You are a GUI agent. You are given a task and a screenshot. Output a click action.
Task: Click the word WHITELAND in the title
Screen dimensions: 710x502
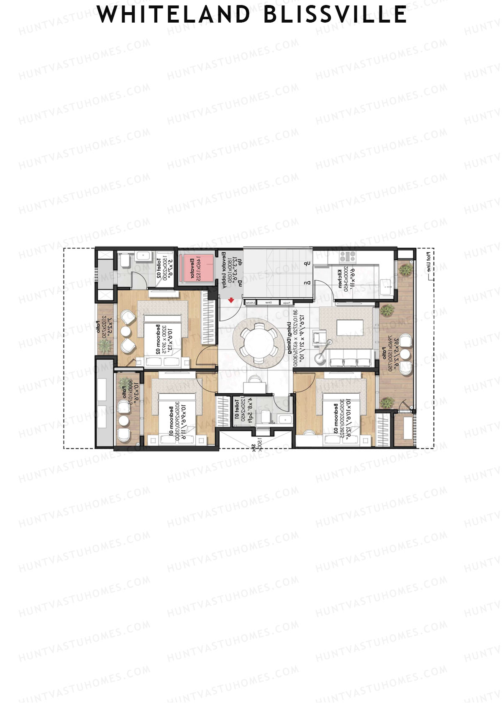coord(173,15)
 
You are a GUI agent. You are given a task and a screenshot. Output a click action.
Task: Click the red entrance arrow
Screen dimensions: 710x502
coord(231,300)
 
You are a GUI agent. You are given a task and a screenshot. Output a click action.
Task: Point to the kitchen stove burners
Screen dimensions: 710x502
coord(347,256)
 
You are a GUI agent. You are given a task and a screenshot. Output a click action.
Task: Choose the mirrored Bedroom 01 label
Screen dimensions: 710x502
coord(171,418)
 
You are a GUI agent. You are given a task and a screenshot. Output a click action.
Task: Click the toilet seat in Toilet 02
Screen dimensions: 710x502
coord(125,261)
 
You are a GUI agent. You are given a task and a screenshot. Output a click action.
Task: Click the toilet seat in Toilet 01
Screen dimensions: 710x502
coord(265,417)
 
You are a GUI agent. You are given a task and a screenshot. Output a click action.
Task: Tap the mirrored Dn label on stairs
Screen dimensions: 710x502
coord(307,283)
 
